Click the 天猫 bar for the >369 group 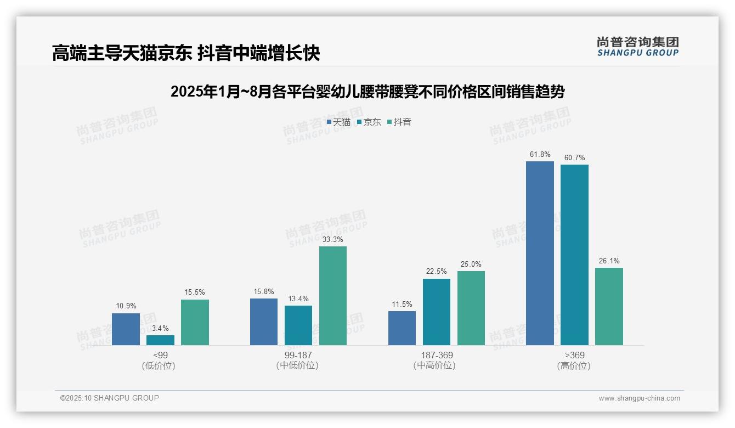[x=540, y=253]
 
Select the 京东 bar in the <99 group [x=160, y=340]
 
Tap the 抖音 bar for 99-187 [x=333, y=296]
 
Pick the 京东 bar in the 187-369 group [x=437, y=312]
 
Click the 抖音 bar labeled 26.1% [x=609, y=306]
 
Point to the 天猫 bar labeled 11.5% [x=402, y=328]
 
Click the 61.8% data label [x=540, y=155]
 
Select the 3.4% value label [x=160, y=328]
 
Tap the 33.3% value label [x=333, y=239]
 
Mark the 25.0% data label [x=471, y=264]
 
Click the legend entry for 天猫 [x=338, y=122]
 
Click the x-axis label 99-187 [x=298, y=356]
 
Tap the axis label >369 [x=574, y=356]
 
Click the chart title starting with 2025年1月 [x=367, y=92]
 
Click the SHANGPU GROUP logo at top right [x=637, y=46]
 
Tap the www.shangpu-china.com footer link [x=639, y=398]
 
